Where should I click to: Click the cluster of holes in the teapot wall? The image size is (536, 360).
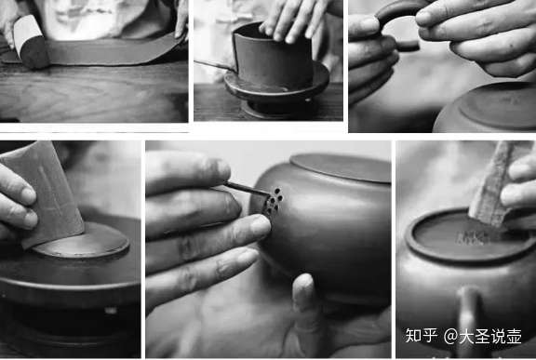[273, 201]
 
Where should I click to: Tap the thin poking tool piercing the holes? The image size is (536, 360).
[246, 189]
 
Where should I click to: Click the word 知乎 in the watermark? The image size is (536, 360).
[421, 336]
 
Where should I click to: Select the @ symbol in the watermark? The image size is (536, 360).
[451, 336]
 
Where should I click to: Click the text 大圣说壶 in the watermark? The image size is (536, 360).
[490, 337]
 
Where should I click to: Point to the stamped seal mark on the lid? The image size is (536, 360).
[472, 237]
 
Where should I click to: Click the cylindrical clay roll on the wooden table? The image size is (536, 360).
[30, 42]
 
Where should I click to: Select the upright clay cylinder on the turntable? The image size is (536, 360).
[273, 58]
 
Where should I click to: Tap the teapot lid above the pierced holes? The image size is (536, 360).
[342, 167]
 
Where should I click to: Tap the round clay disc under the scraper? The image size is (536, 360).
[82, 241]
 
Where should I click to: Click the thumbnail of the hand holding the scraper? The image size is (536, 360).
[29, 194]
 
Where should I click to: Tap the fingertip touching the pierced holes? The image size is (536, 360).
[259, 226]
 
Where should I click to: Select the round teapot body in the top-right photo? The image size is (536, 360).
[486, 109]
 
